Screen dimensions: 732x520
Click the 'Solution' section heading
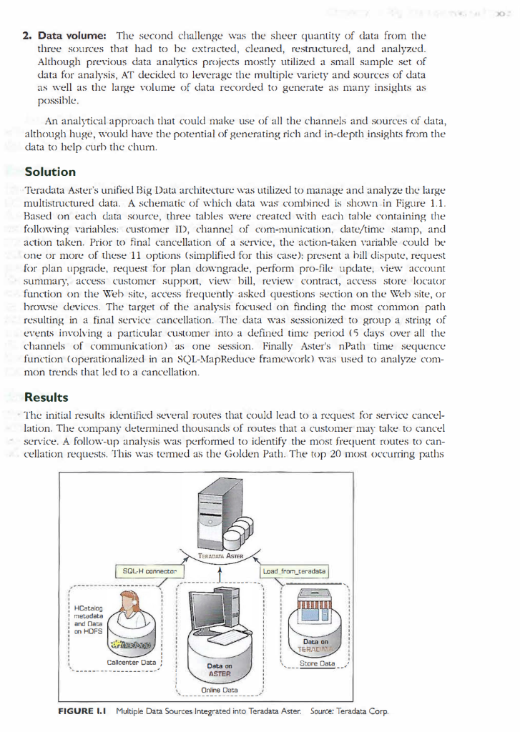(50, 172)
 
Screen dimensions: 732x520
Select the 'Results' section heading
(47, 397)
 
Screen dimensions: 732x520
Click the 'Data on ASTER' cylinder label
(218, 670)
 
